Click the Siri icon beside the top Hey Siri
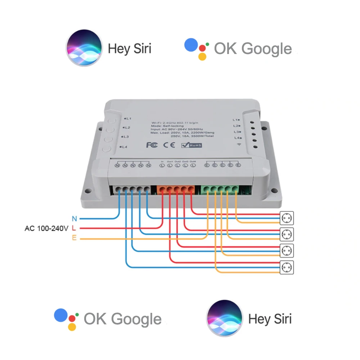pos(84,48)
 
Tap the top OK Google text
pos(253,49)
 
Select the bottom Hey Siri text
pos(270,319)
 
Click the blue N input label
pos(74,219)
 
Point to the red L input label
pos(74,228)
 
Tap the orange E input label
pos(74,238)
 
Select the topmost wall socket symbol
pos(287,218)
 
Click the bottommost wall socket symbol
pos(287,267)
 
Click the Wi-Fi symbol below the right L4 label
pos(238,144)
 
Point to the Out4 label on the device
pos(193,161)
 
